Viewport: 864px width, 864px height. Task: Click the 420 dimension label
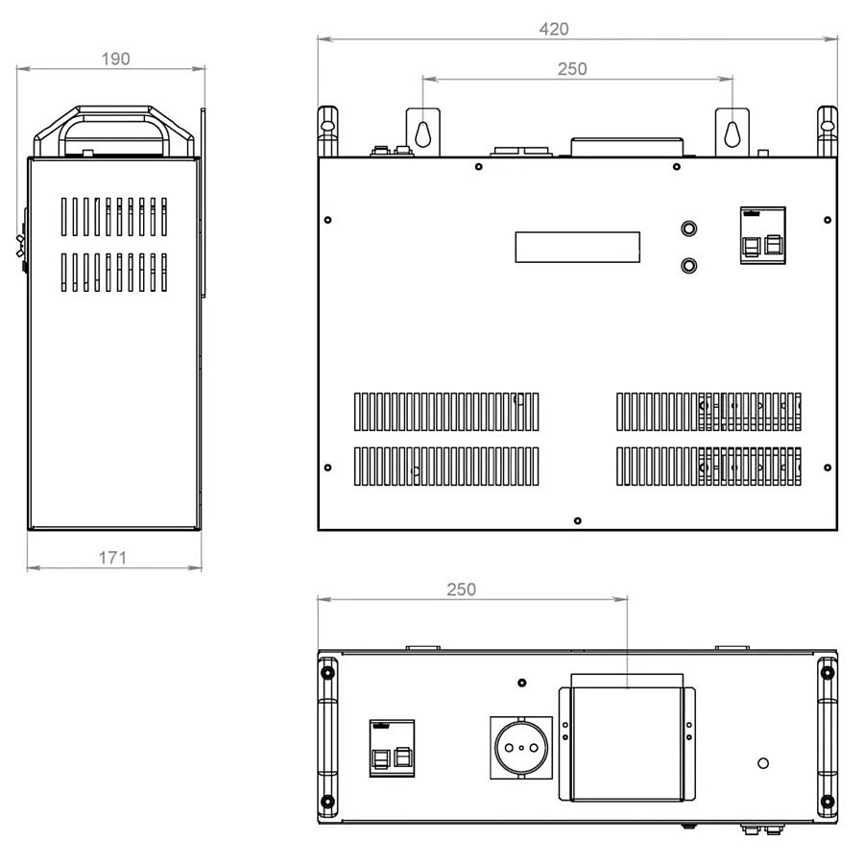point(553,29)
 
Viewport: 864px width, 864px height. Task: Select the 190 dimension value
point(116,59)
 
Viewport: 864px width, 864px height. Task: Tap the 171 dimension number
point(112,558)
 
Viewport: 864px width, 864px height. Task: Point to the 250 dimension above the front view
point(572,69)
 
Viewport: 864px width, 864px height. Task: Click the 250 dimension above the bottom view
point(461,589)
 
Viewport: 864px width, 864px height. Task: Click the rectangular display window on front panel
point(578,247)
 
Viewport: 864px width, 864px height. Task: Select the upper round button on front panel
point(688,228)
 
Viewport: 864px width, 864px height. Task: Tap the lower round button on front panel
point(688,266)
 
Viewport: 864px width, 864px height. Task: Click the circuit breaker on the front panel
point(762,236)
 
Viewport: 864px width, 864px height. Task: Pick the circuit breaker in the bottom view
point(392,748)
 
